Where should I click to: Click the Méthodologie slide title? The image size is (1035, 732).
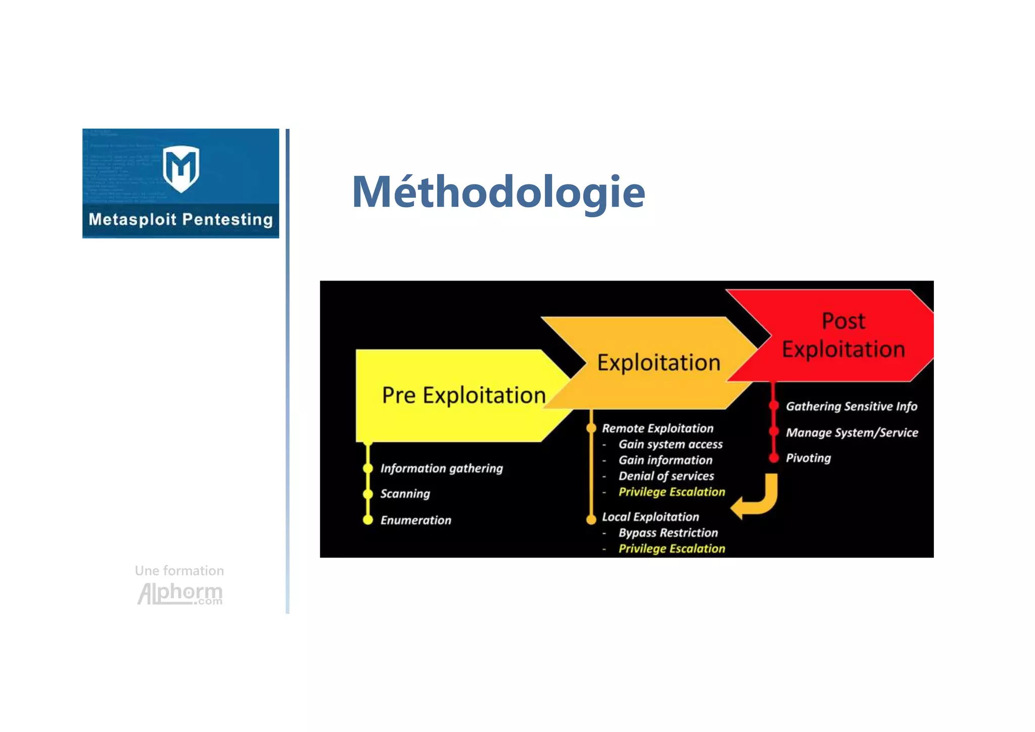(x=498, y=192)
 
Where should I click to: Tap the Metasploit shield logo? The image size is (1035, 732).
(x=181, y=168)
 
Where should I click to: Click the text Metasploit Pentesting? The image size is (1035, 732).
(x=181, y=219)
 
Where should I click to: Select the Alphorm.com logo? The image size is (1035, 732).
(x=180, y=593)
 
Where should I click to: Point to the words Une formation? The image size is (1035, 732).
(x=179, y=571)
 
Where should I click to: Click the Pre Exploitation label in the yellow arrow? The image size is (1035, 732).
(x=463, y=395)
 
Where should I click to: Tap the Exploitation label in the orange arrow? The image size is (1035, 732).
(x=658, y=362)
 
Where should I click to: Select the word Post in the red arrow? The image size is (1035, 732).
(x=843, y=321)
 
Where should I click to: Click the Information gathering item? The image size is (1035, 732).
(x=441, y=469)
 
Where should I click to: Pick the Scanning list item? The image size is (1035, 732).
(x=405, y=494)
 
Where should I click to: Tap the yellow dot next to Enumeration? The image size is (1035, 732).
(x=368, y=520)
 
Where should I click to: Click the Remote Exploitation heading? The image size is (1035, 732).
(x=657, y=429)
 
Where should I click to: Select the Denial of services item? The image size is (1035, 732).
(x=666, y=476)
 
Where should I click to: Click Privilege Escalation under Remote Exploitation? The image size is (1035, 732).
(x=672, y=492)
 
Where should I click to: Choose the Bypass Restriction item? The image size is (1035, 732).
(x=668, y=533)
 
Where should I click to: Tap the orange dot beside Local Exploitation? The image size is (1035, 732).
(x=591, y=519)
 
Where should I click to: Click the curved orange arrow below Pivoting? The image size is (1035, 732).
(x=758, y=498)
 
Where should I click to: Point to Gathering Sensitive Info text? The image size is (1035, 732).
(x=851, y=406)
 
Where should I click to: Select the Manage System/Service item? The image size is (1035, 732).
(x=852, y=433)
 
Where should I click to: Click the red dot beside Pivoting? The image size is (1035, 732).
(x=773, y=459)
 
